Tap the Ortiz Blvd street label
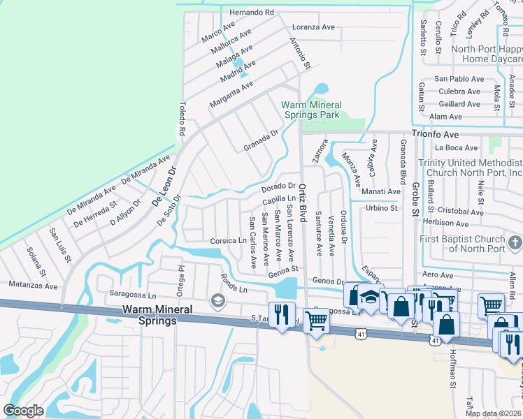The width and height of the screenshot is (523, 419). click(x=303, y=203)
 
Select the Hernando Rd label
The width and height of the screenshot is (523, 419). click(x=251, y=13)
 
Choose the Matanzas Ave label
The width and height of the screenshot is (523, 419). click(x=33, y=286)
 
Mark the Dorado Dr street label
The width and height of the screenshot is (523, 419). click(x=278, y=186)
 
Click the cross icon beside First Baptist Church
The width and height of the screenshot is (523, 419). click(x=515, y=242)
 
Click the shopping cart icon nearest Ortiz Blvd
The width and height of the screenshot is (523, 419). click(x=317, y=320)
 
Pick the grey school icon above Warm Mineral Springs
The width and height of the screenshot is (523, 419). click(x=217, y=300)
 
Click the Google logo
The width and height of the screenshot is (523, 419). click(x=24, y=411)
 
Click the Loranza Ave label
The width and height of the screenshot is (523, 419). click(x=313, y=27)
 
